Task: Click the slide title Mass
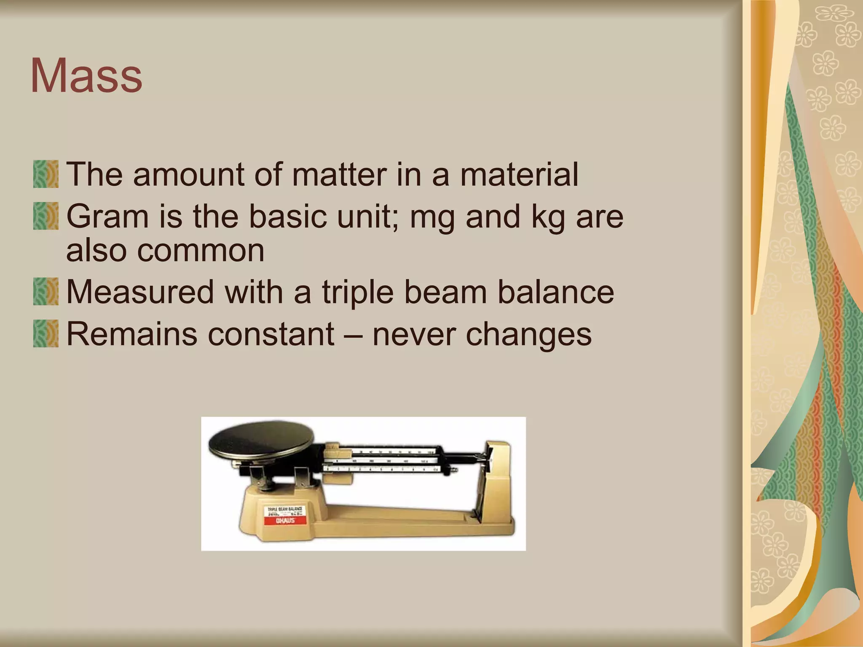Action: pyautogui.click(x=86, y=76)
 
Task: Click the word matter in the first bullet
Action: pyautogui.click(x=339, y=174)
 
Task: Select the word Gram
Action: pyautogui.click(x=107, y=217)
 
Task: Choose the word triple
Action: pyautogui.click(x=358, y=292)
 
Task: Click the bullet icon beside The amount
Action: pyautogui.click(x=46, y=174)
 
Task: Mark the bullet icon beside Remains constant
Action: pyautogui.click(x=46, y=334)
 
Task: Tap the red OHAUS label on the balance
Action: pyautogui.click(x=285, y=521)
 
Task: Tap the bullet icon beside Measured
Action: pyautogui.click(x=46, y=291)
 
